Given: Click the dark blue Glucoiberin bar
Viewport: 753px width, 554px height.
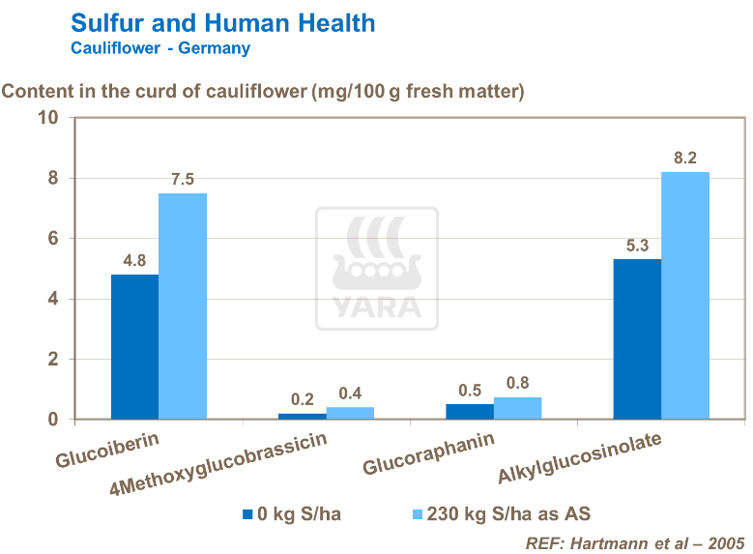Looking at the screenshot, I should pyautogui.click(x=134, y=347).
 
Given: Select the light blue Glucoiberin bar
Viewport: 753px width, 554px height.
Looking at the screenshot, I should pyautogui.click(x=183, y=306).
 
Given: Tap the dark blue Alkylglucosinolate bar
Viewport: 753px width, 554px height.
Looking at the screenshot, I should pyautogui.click(x=637, y=339).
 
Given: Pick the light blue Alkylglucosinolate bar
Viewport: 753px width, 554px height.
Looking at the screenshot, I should pyautogui.click(x=685, y=296).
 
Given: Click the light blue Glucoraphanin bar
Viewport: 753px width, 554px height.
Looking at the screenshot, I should pyautogui.click(x=518, y=409).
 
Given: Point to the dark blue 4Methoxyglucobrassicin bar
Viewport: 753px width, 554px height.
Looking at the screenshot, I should pyautogui.click(x=302, y=417).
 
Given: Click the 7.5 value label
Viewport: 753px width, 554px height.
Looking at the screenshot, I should pyautogui.click(x=183, y=179).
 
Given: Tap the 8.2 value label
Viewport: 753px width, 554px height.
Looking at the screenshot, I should pyautogui.click(x=685, y=158).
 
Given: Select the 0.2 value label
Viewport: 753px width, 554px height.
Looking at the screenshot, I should pyautogui.click(x=303, y=399).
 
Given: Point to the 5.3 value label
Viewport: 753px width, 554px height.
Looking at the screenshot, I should pyautogui.click(x=637, y=246).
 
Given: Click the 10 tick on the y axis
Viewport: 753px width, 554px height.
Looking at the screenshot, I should pyautogui.click(x=48, y=118).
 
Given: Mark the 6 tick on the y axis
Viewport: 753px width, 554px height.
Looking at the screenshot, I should pyautogui.click(x=54, y=239).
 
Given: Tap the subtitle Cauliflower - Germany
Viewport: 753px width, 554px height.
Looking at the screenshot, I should pyautogui.click(x=160, y=47).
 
